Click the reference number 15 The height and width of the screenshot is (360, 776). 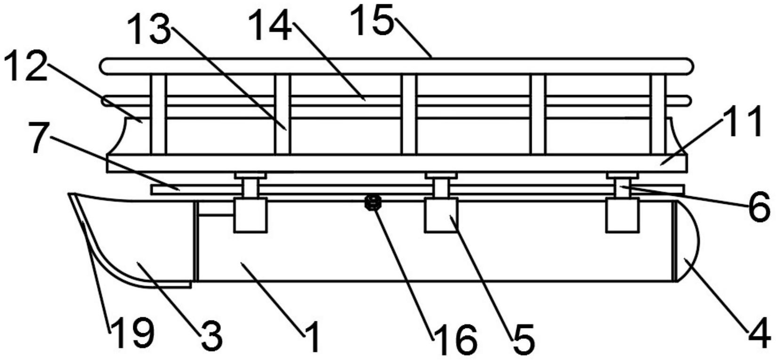point(372,20)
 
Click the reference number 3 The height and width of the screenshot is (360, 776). point(212,335)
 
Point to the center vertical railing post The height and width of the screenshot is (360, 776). point(409,114)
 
